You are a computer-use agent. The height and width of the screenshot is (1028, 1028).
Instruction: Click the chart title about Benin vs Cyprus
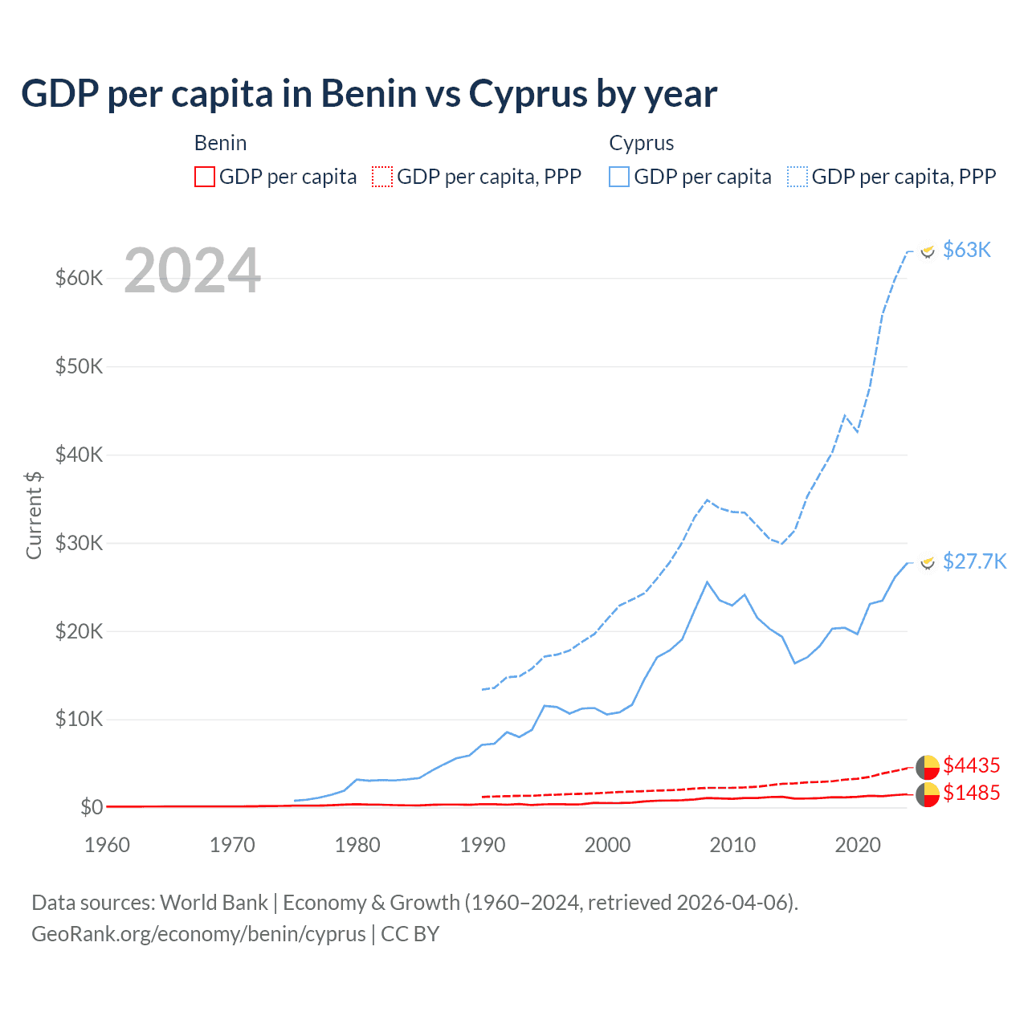coord(369,94)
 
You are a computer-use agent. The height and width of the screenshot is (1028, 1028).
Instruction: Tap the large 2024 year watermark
coord(193,271)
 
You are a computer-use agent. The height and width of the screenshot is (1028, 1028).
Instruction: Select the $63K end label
coord(966,250)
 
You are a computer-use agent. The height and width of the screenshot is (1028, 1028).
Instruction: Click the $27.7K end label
coord(973,561)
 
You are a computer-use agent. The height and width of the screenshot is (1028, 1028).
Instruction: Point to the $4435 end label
coord(971,765)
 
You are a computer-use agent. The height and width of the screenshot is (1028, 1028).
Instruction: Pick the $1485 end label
coord(971,793)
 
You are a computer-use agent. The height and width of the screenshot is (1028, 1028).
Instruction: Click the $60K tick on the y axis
coord(79,278)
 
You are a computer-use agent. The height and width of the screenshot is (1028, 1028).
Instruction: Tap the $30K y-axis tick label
coord(79,543)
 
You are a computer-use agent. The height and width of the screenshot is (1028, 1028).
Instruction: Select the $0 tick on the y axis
coord(91,807)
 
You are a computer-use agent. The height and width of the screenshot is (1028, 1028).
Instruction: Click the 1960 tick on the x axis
coord(107,845)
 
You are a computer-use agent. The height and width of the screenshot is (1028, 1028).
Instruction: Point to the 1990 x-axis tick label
coord(483,845)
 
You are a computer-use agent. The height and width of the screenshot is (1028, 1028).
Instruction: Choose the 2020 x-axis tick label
coord(858,845)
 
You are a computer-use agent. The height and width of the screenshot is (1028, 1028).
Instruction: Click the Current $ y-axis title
coord(34,515)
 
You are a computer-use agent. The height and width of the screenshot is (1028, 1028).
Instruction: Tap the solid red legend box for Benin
coord(205,177)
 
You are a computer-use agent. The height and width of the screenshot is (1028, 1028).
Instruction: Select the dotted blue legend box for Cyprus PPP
coord(798,177)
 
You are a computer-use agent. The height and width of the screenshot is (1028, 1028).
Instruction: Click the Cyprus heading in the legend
coord(641,143)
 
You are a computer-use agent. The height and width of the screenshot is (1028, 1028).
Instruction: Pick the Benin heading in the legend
coord(220,143)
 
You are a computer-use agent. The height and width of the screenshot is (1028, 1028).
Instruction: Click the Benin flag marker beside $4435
coord(928,767)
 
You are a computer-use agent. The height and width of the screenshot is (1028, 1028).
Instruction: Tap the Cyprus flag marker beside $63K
coord(928,251)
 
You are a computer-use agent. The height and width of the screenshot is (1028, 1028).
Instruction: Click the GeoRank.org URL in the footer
coord(198,934)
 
